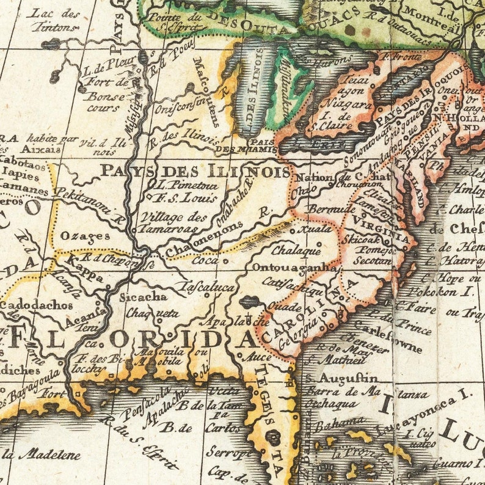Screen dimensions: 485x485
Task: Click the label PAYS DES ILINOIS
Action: [195, 170]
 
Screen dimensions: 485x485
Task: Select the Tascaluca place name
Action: [206, 286]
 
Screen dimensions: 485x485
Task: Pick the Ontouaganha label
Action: [294, 268]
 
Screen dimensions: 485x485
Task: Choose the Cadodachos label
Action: [37, 305]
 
